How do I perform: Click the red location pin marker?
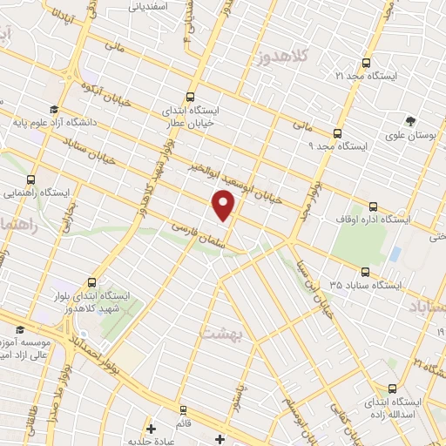224,206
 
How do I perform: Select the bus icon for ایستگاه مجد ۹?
338,133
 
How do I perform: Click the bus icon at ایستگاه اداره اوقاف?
373,207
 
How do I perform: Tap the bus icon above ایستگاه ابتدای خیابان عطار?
192,98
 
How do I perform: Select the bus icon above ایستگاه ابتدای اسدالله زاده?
392,389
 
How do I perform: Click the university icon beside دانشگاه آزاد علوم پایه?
55,110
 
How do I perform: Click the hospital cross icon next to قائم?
152,429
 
